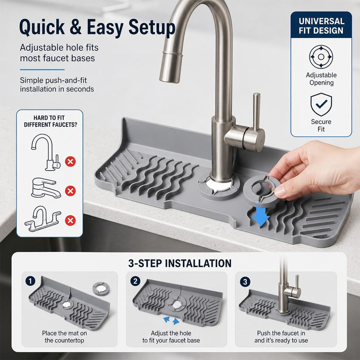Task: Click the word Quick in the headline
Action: click(x=42, y=27)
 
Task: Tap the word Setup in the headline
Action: click(x=152, y=28)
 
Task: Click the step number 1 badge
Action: click(x=30, y=281)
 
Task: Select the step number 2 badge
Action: click(x=135, y=281)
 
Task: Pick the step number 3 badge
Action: click(x=245, y=282)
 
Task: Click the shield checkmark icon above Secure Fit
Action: click(x=321, y=105)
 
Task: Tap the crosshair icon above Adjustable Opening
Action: click(x=321, y=57)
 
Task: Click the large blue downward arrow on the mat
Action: click(x=261, y=216)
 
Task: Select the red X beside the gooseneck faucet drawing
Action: click(x=70, y=161)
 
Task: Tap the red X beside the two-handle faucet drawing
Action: click(x=70, y=220)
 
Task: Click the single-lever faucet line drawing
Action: click(x=45, y=188)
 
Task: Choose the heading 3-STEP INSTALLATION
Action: click(x=180, y=263)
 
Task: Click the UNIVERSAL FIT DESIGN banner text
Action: click(x=321, y=26)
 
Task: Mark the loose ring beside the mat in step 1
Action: click(x=101, y=289)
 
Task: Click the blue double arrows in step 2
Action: click(x=171, y=320)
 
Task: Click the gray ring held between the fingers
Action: click(x=262, y=189)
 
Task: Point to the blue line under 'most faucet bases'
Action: click(x=42, y=70)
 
